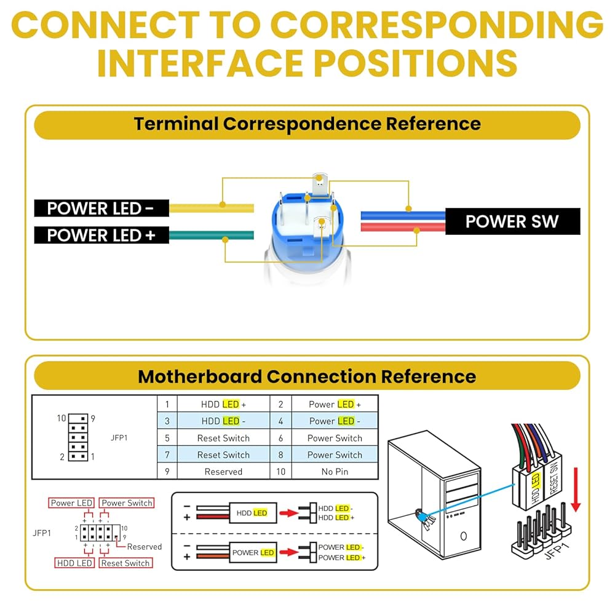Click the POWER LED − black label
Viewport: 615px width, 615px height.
tap(101, 208)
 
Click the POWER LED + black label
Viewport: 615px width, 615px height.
tap(101, 235)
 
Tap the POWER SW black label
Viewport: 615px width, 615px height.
tap(512, 221)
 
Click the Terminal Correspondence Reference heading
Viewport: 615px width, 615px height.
tap(307, 124)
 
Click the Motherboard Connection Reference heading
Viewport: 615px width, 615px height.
tap(307, 376)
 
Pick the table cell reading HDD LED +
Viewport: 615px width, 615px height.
tap(223, 404)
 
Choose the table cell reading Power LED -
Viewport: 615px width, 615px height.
tap(335, 421)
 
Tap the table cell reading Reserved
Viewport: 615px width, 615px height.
tap(223, 472)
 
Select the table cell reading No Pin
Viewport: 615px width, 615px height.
tap(335, 472)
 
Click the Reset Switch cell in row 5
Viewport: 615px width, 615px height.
tap(223, 438)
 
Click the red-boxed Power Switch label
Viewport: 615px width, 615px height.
tap(127, 503)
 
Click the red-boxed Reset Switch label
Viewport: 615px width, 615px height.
tap(125, 563)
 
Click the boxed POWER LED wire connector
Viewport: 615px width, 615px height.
tap(253, 552)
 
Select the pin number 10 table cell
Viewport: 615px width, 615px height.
tap(281, 472)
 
